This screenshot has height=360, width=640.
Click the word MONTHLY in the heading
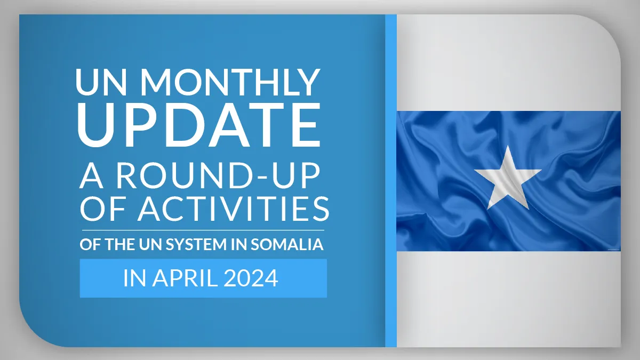230,82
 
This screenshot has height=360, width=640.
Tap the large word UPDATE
199,125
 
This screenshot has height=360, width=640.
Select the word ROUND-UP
218,175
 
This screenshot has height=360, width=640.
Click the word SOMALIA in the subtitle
287,245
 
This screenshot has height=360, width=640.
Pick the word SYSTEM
196,245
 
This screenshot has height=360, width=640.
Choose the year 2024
251,278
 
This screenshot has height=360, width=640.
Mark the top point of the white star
508,146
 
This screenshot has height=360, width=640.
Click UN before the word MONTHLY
101,82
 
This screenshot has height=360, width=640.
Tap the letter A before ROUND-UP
91,175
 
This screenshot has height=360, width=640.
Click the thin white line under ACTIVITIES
203,230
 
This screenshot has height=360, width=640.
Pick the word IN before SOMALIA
239,245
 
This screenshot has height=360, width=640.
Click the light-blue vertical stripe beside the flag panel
391,181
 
